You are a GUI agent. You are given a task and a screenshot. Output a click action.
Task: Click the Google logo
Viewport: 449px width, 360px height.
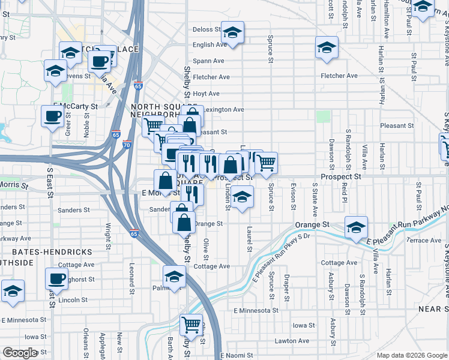[x=20, y=353]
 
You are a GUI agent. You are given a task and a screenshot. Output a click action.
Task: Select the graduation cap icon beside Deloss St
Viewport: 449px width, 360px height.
[x=232, y=31]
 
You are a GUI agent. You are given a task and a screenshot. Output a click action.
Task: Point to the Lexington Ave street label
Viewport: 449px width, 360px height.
[x=223, y=110]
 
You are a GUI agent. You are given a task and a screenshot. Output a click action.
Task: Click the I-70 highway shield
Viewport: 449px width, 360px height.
[x=126, y=145]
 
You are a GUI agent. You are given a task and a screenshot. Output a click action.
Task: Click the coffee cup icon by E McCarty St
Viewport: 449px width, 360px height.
[x=52, y=115]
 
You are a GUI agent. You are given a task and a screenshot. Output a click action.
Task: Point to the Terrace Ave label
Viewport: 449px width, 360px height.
[x=424, y=240]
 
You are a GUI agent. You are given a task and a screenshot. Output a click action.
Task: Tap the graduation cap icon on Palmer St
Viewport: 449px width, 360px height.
[x=174, y=276]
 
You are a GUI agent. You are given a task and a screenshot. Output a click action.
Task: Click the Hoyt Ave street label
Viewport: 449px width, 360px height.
[x=206, y=94]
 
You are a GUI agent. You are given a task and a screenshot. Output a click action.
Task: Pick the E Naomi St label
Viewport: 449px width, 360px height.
[x=240, y=356]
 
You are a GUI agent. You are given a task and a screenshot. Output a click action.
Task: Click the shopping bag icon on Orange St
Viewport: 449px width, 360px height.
[x=184, y=223]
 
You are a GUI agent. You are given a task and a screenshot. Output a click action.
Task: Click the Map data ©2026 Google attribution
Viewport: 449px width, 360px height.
[x=411, y=355]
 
